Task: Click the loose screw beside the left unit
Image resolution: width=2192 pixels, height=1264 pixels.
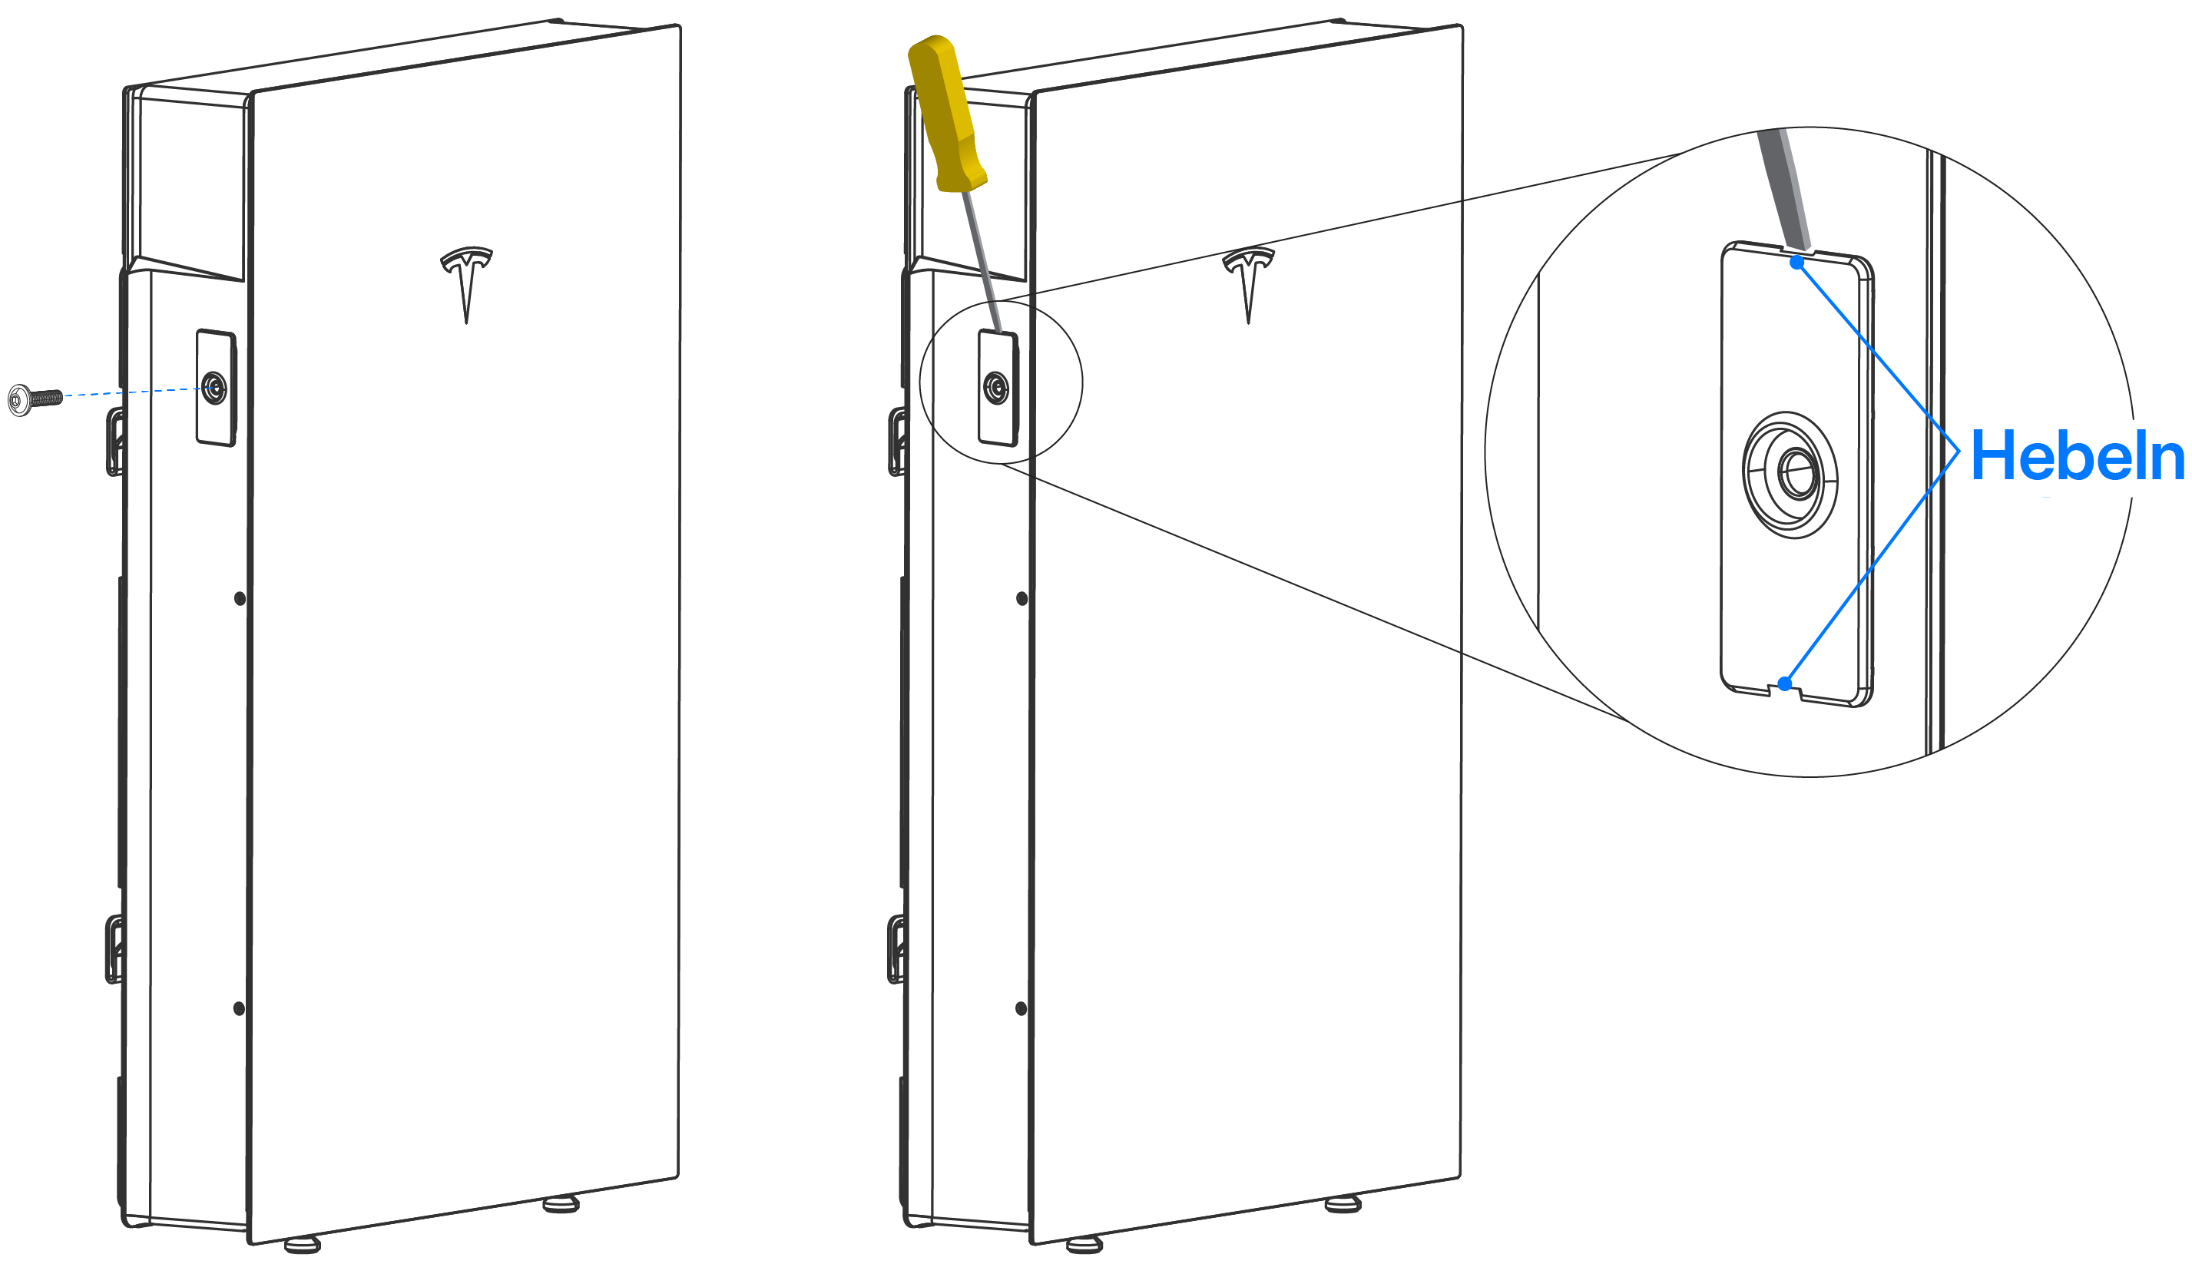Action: point(35,399)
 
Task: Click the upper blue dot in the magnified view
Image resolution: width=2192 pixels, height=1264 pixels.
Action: point(1797,262)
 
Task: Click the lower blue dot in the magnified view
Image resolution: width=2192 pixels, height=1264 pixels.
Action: point(1785,684)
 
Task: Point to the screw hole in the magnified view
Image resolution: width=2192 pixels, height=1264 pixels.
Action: point(1790,475)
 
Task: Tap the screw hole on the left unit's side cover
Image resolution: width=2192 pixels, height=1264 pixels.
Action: point(214,388)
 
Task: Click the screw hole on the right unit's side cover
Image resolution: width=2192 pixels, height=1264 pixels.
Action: point(995,388)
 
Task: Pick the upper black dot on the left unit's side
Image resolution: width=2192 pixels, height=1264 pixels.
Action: point(240,598)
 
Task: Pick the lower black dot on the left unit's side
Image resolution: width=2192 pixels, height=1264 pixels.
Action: point(240,1008)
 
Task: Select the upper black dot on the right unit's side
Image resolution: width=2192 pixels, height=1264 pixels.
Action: point(1021,598)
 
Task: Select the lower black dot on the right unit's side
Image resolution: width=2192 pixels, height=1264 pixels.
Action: point(1021,1008)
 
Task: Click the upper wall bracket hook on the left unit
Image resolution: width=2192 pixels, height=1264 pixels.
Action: point(114,443)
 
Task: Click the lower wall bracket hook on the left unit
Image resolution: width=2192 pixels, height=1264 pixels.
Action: point(113,949)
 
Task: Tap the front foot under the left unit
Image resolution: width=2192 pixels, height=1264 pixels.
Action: point(302,1245)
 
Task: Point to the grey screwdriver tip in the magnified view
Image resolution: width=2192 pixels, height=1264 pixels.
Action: point(1785,188)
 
